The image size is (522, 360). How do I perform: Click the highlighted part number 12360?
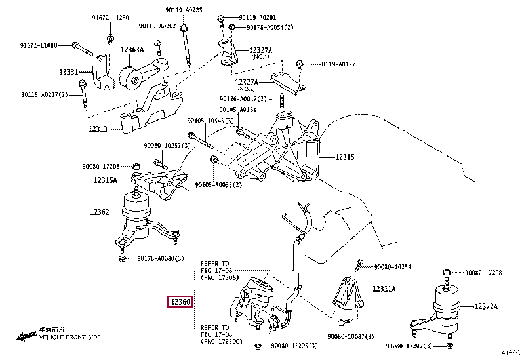(180, 302)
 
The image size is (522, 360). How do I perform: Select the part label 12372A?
(486, 306)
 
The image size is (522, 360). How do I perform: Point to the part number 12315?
(345, 157)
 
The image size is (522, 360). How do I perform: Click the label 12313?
(99, 129)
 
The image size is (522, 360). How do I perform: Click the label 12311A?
(385, 289)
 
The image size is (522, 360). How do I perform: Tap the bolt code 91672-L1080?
(38, 45)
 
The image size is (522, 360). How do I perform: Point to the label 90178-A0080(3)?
(155, 258)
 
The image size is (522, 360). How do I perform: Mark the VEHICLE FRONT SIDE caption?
(70, 336)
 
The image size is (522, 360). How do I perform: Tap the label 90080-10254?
(392, 266)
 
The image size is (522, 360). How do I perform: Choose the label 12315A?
(105, 180)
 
